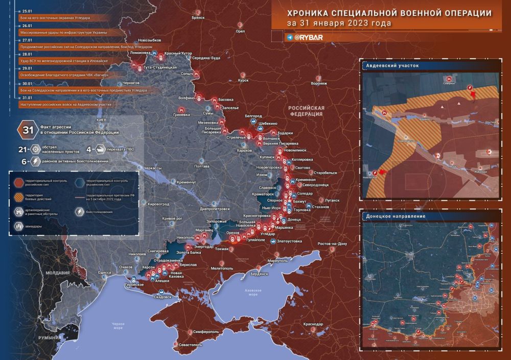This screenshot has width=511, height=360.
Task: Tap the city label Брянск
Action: click(x=198, y=17)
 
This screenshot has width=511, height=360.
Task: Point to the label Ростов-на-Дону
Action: click(x=332, y=244)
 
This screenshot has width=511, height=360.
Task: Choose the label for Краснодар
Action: click(x=312, y=324)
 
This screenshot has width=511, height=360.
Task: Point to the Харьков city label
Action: click(x=245, y=150)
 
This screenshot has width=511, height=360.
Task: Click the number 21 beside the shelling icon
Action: click(x=22, y=150)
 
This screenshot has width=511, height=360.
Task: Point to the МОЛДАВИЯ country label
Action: click(x=57, y=273)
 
